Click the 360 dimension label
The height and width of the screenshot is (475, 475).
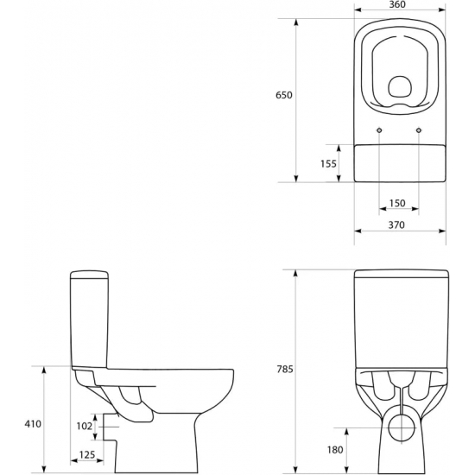[396, 4]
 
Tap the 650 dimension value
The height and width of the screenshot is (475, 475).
[284, 95]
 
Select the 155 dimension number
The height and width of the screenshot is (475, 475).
[328, 163]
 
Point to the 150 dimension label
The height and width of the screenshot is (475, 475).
[397, 203]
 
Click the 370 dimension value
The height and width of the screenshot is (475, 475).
[396, 225]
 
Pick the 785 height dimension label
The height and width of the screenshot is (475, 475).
[285, 370]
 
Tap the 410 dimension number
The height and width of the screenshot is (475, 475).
[33, 424]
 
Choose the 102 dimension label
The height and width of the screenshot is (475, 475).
[85, 427]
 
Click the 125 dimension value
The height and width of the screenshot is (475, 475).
[87, 454]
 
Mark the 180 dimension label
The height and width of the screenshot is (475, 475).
[335, 450]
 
